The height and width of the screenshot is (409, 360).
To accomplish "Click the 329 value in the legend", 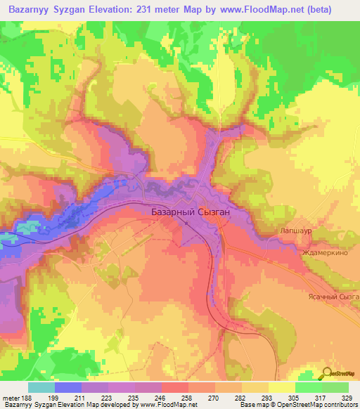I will click(x=348, y=398).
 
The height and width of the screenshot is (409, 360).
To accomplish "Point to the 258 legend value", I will click(x=186, y=398).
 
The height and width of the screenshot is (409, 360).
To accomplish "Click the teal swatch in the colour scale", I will click(x=41, y=387).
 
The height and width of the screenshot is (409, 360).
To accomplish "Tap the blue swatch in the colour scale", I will click(x=68, y=387).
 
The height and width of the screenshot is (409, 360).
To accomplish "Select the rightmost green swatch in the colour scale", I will click(x=335, y=387).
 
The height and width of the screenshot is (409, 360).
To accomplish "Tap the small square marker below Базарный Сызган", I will click(x=187, y=223).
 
